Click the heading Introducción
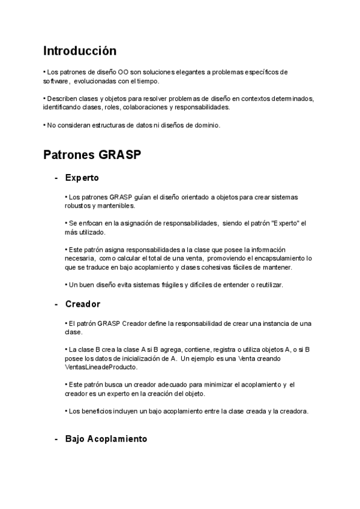(x=80, y=50)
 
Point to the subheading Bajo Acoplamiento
(x=106, y=439)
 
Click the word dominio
(x=208, y=125)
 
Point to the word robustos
(x=76, y=206)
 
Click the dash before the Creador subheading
(x=56, y=304)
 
